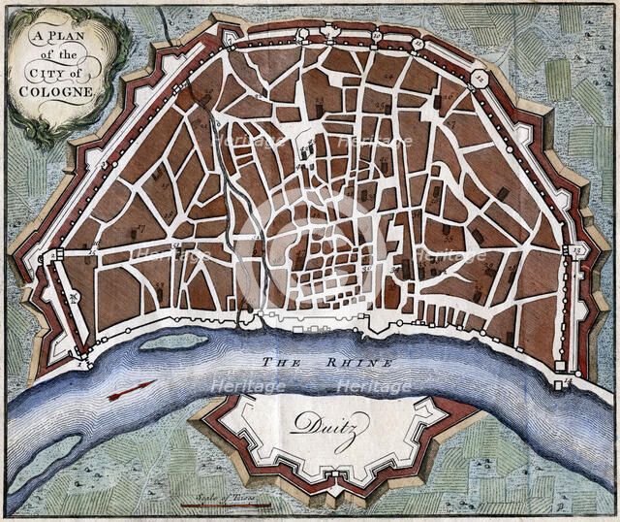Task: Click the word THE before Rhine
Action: click(282, 361)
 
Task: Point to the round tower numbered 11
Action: click(418, 45)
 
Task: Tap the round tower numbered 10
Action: click(376, 37)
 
